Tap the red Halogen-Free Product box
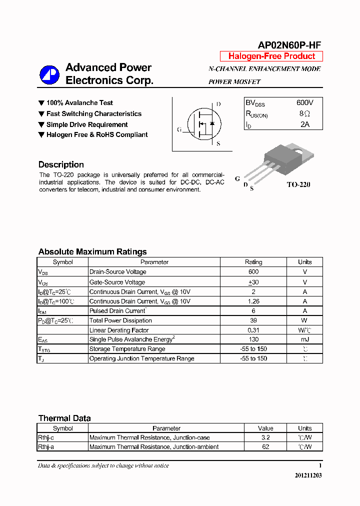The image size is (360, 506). tap(271, 56)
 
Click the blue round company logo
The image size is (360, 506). tap(49, 74)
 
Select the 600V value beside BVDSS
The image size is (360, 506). tap(305, 102)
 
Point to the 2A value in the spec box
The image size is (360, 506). tap(305, 124)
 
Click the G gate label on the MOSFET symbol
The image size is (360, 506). tap(179, 129)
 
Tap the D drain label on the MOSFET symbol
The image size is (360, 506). tap(218, 104)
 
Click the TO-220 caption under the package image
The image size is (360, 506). tap(298, 184)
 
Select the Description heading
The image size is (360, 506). tap(61, 164)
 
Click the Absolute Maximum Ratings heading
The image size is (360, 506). tap(92, 251)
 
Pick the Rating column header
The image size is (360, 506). tap(253, 262)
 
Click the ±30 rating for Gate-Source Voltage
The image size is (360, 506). tap(253, 282)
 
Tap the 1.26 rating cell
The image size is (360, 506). tap(253, 301)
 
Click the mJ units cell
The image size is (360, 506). tap(304, 339)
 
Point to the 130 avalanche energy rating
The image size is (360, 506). tap(253, 339)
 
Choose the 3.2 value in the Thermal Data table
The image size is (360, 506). tap(265, 437)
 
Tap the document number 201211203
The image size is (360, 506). tap(308, 475)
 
